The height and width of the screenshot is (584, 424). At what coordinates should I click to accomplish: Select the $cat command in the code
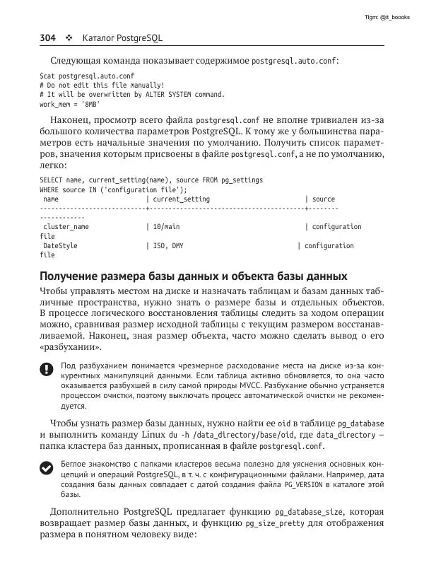pyautogui.click(x=47, y=75)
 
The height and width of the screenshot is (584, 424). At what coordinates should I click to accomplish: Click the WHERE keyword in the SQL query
pyautogui.click(x=49, y=189)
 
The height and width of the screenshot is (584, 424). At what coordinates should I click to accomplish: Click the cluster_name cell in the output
pyautogui.click(x=66, y=227)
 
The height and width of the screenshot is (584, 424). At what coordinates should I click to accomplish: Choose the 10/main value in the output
pyautogui.click(x=166, y=227)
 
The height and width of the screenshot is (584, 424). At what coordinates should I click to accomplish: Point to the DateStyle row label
pyautogui.click(x=60, y=246)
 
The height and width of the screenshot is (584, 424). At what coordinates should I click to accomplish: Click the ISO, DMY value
pyautogui.click(x=167, y=246)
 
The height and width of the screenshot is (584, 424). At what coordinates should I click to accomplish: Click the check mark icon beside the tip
pyautogui.click(x=46, y=467)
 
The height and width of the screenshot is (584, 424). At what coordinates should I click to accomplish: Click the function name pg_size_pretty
pyautogui.click(x=273, y=524)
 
